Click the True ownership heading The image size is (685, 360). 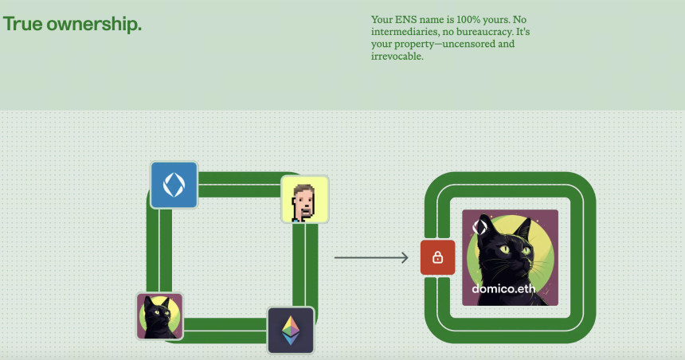(x=72, y=24)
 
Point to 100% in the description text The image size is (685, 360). (x=469, y=20)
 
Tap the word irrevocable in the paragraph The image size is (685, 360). (x=397, y=57)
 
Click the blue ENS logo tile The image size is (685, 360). (x=174, y=185)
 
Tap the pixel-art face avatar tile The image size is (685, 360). (x=304, y=199)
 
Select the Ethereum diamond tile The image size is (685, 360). (x=291, y=331)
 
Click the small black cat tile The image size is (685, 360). (x=159, y=316)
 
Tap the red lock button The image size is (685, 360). (x=438, y=258)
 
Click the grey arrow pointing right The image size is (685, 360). (x=371, y=258)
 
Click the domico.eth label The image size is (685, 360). (x=503, y=288)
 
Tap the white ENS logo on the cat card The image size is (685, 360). (x=479, y=227)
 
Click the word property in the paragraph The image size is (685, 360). (x=414, y=45)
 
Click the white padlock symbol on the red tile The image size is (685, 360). (x=438, y=258)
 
